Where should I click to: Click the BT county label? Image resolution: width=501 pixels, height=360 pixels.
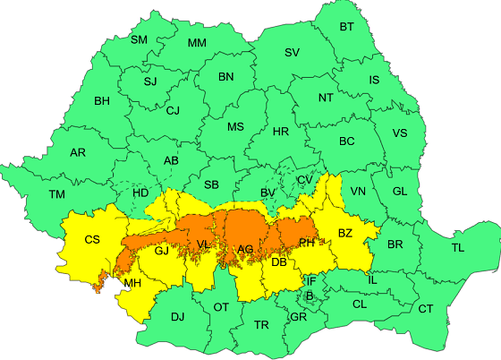(x=346, y=27)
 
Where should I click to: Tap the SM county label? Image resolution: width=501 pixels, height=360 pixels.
(x=140, y=39)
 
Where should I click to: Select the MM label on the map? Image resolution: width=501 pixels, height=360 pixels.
(x=197, y=44)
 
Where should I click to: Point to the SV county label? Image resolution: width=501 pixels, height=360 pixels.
(x=292, y=53)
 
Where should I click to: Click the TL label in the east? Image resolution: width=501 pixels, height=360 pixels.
(x=458, y=247)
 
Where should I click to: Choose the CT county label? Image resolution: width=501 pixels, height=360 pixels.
(x=426, y=309)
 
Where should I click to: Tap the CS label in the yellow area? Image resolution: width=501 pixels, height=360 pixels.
(x=92, y=239)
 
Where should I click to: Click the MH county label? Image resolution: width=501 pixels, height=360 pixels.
(x=132, y=284)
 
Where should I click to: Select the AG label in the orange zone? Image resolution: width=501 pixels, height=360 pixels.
(x=245, y=248)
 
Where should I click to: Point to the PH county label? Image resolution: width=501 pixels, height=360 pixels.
(x=306, y=242)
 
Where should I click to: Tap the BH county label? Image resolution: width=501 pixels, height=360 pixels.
(x=102, y=101)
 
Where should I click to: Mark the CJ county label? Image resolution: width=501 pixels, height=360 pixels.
(x=173, y=111)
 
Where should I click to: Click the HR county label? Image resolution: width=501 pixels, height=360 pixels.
(x=280, y=132)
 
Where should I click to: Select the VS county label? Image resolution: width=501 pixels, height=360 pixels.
(x=400, y=133)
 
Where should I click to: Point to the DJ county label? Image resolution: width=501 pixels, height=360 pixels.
(x=177, y=316)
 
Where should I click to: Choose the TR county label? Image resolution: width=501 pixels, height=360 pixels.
(x=261, y=324)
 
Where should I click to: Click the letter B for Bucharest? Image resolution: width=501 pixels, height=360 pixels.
(x=309, y=296)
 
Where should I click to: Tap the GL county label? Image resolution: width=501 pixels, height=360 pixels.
(x=399, y=192)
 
